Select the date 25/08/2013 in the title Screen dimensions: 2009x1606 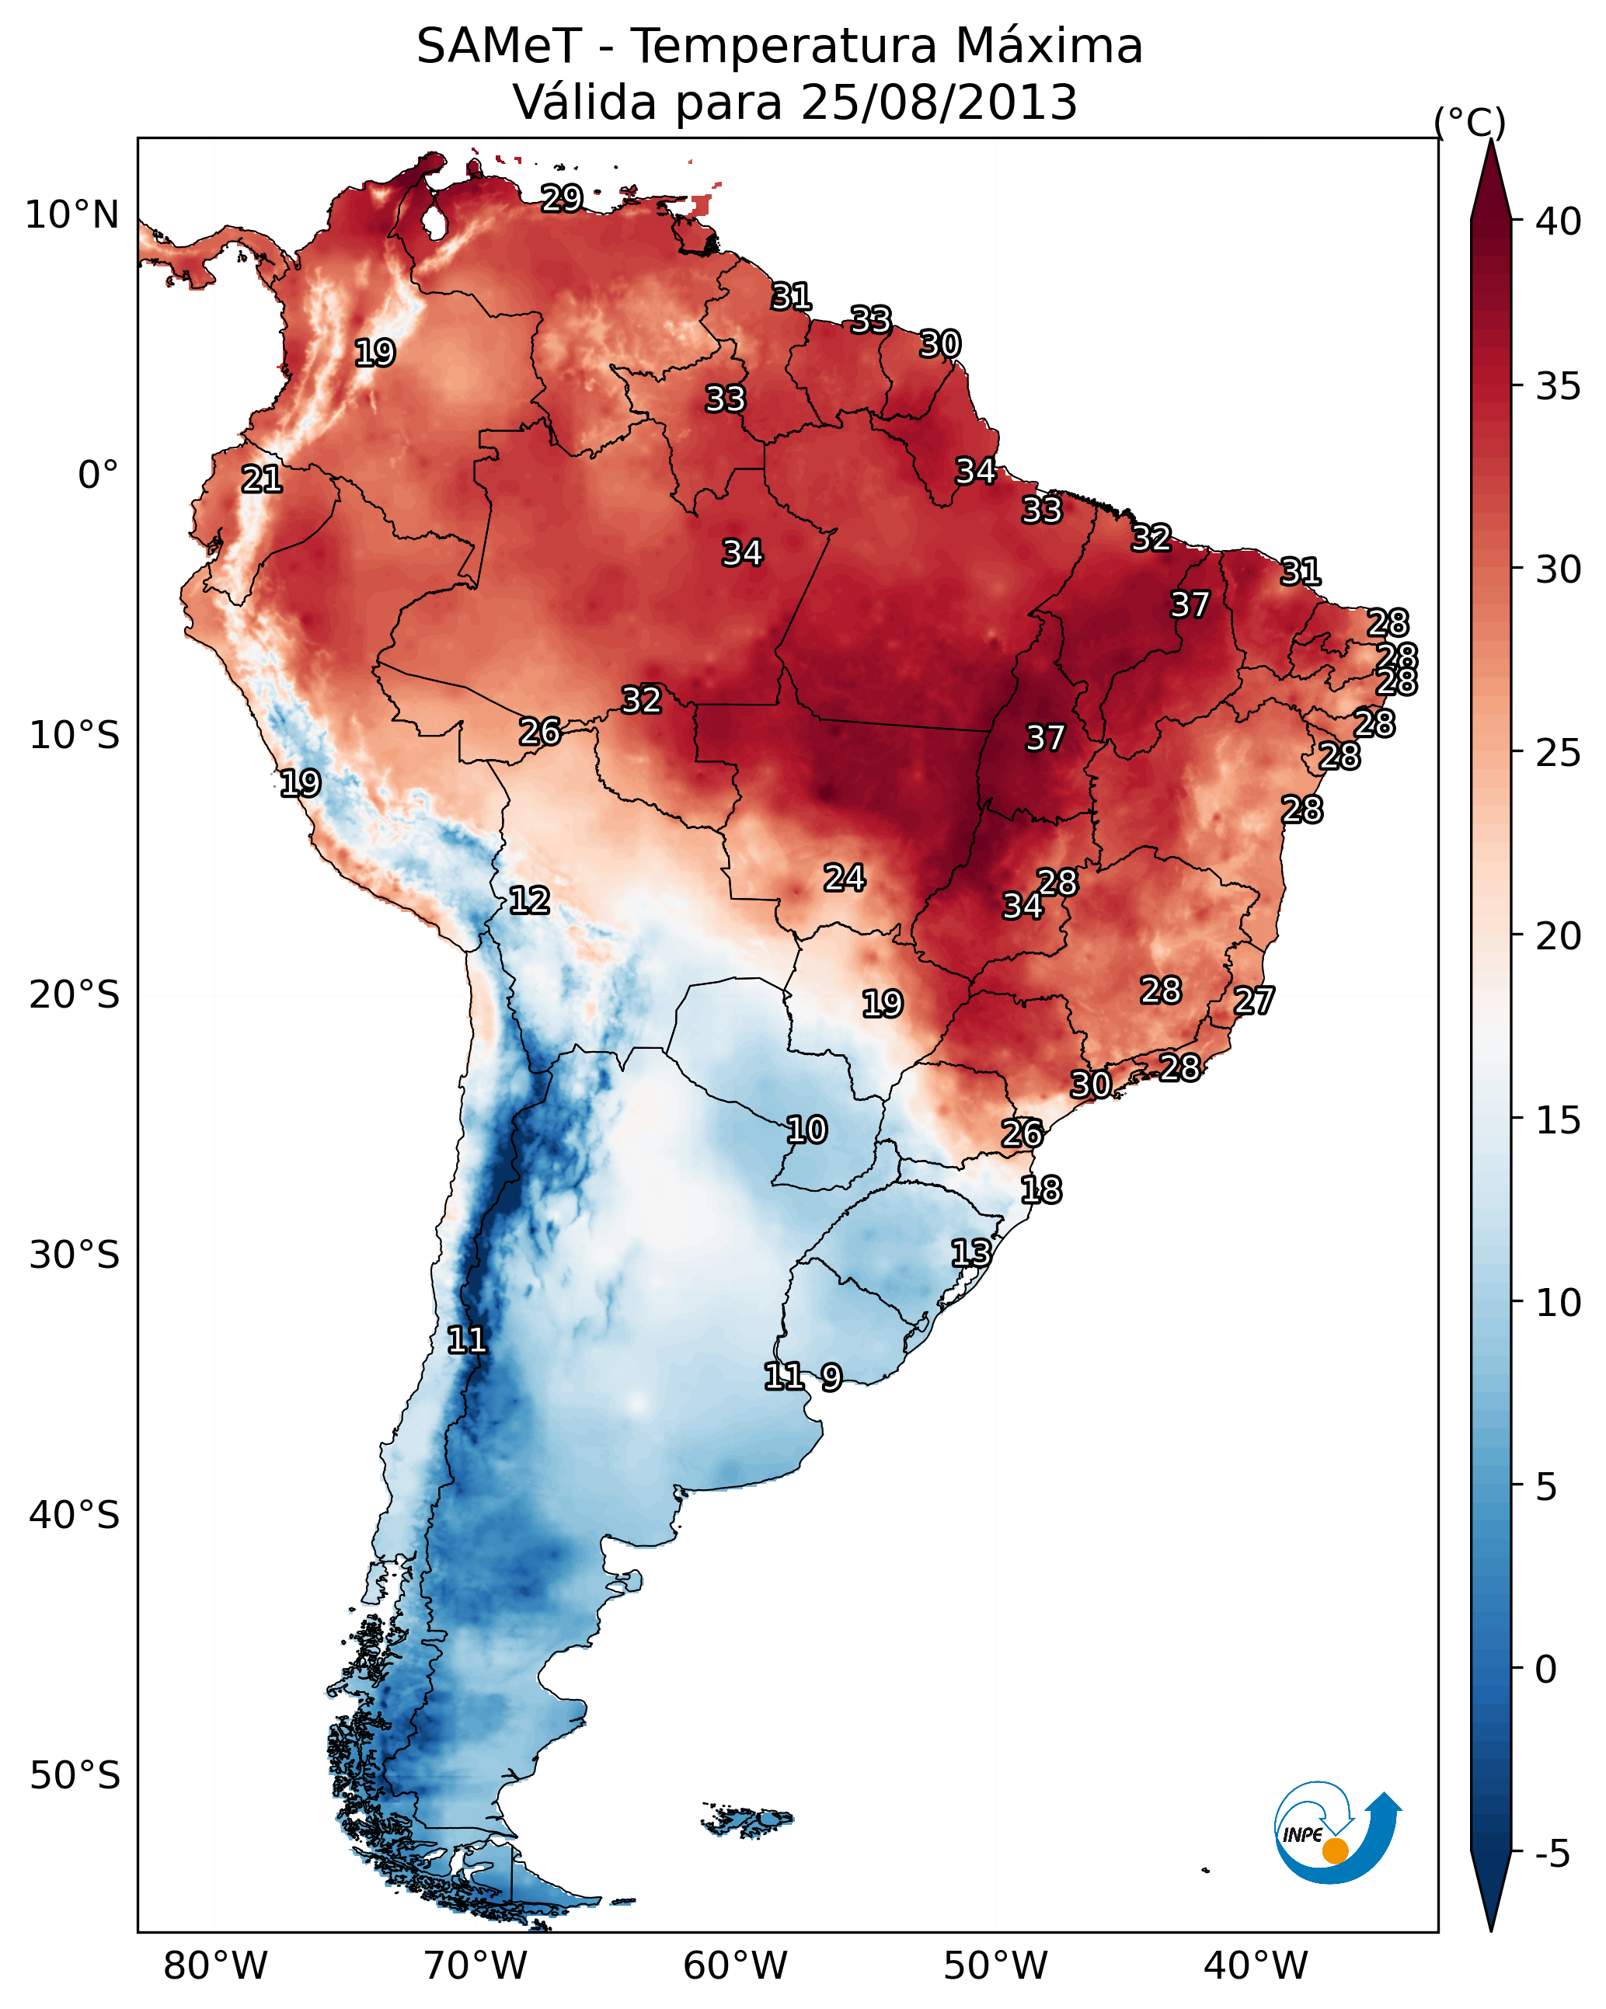(x=939, y=103)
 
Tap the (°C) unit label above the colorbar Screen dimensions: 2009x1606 (x=1469, y=122)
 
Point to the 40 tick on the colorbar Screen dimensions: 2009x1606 (x=1559, y=221)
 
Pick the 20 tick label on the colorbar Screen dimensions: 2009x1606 (x=1559, y=936)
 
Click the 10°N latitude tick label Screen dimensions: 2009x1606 (x=71, y=215)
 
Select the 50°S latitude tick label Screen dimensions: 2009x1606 (x=75, y=1776)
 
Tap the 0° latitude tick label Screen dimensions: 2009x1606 (x=98, y=475)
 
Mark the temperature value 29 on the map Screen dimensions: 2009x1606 (x=562, y=198)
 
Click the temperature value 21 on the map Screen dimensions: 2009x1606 (x=262, y=480)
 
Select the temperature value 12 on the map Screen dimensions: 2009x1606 (x=529, y=900)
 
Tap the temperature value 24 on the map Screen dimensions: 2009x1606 (x=845, y=878)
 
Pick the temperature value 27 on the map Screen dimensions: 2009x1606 (x=1254, y=1001)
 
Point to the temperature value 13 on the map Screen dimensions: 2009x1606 (x=970, y=1252)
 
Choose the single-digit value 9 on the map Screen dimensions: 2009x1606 (x=831, y=1377)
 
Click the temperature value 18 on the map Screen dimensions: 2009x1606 (x=1041, y=1190)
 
